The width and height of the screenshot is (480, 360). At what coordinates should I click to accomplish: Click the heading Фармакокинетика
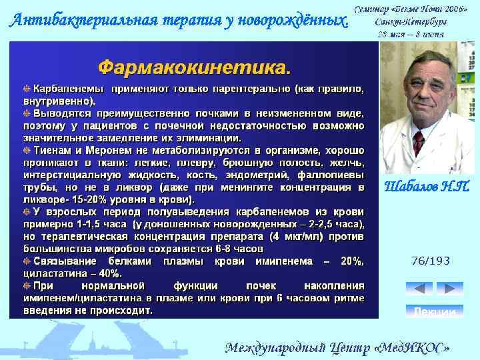[195, 68]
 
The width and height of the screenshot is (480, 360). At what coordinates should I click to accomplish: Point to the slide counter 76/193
[431, 260]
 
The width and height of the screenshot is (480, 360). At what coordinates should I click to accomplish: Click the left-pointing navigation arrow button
[419, 289]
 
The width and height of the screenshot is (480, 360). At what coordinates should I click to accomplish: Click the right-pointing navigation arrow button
[450, 289]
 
